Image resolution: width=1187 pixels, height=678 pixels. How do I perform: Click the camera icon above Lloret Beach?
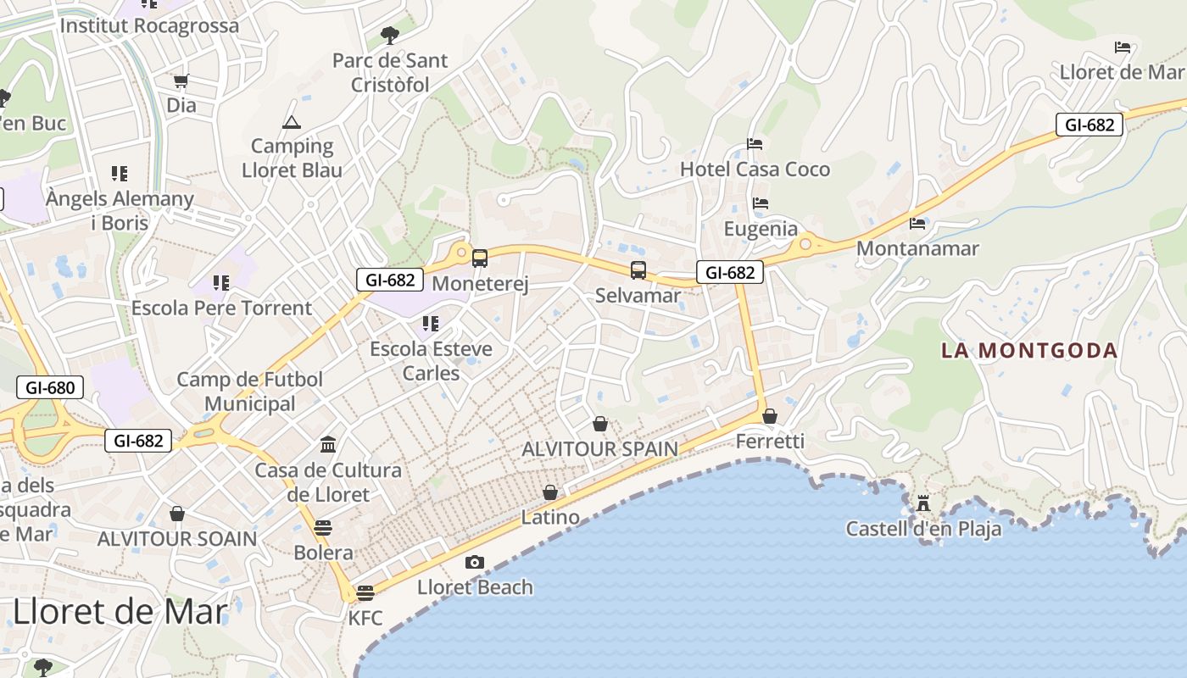[x=475, y=562]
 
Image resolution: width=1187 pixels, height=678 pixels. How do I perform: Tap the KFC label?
[x=365, y=618]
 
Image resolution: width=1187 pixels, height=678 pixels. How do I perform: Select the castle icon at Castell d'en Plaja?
[x=923, y=503]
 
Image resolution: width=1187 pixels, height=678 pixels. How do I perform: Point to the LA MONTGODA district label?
[x=1029, y=350]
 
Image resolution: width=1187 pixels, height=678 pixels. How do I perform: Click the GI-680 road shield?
[x=51, y=388]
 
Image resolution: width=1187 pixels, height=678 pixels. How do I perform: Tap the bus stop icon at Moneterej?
[x=480, y=258]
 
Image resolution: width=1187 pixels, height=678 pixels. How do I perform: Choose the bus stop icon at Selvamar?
[x=638, y=270]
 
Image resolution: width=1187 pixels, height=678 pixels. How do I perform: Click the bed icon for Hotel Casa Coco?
[x=755, y=144]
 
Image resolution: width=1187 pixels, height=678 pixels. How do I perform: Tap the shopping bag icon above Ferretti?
[x=770, y=416]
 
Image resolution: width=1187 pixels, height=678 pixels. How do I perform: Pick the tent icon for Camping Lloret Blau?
[x=292, y=122]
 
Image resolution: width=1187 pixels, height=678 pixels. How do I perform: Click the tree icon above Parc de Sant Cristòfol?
[x=390, y=35]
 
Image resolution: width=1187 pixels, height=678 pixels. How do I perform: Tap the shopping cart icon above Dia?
[x=181, y=81]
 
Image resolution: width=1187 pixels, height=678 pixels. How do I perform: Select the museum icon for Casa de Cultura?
[x=328, y=444]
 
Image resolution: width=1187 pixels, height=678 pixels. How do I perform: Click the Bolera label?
[x=323, y=553]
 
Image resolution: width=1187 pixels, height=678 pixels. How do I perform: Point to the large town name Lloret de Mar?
[x=120, y=611]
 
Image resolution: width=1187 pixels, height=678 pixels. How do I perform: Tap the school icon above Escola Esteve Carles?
[x=431, y=323]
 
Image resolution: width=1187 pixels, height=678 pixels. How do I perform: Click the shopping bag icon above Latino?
[x=550, y=492]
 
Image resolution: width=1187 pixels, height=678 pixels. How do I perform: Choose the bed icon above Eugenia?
[x=761, y=203]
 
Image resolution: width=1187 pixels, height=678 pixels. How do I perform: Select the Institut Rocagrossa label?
[x=149, y=25]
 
